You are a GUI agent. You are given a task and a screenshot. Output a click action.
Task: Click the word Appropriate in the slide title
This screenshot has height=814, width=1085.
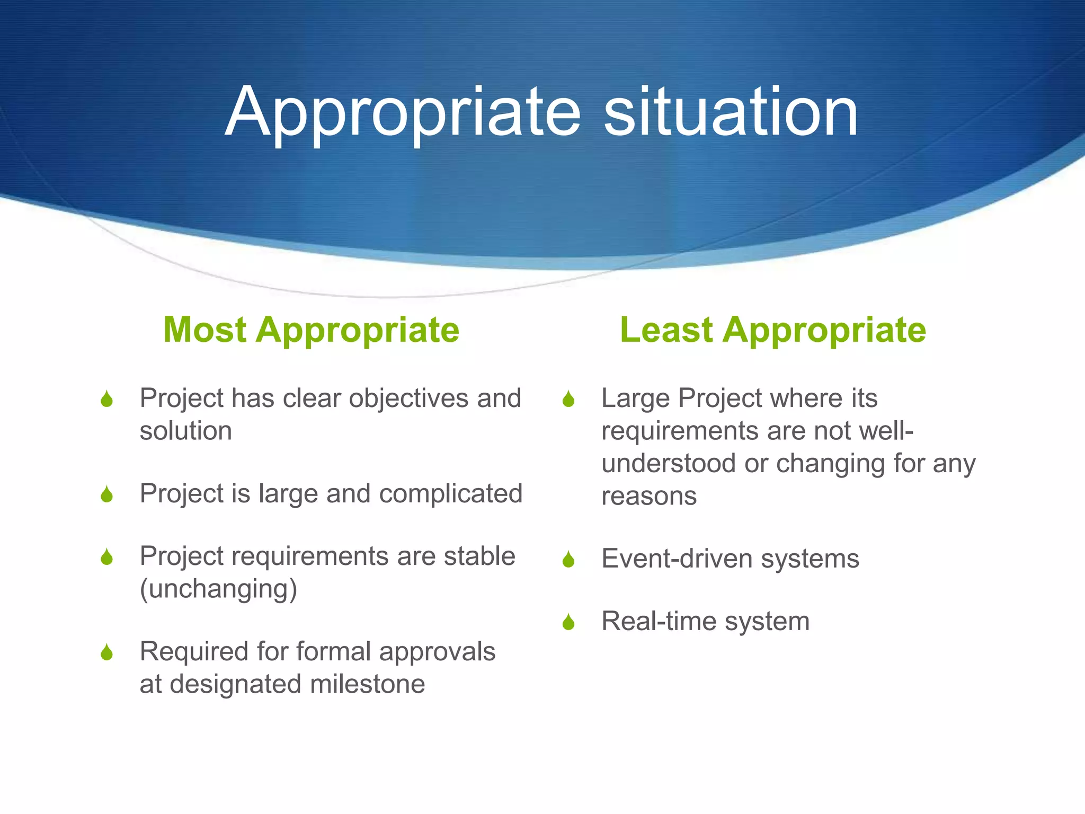point(403,112)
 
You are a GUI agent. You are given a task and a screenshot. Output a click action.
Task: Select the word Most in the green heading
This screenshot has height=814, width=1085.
point(204,330)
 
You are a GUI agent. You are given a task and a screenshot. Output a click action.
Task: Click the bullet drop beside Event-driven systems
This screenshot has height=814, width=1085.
point(568,559)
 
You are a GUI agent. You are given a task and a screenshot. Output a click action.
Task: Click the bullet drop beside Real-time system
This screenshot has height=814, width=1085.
point(568,622)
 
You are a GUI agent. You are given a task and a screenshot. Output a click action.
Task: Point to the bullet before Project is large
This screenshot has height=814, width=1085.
point(107,494)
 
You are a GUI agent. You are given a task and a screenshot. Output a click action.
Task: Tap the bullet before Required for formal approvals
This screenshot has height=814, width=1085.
point(107,652)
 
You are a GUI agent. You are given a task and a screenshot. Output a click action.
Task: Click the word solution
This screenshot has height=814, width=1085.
point(185,431)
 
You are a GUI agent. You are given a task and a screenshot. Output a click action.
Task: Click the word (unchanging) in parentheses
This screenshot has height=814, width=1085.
point(218,589)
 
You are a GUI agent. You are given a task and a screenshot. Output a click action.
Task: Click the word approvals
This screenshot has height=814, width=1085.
point(437,652)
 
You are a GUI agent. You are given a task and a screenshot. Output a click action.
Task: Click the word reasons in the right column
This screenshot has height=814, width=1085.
point(649,497)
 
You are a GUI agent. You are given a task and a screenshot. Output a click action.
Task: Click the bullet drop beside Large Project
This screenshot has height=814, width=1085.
point(568,399)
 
